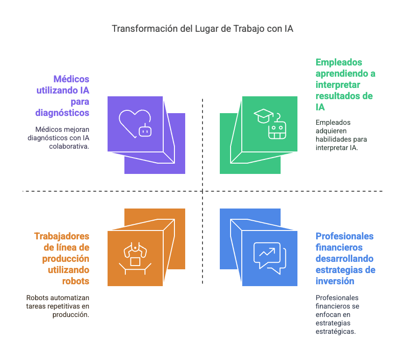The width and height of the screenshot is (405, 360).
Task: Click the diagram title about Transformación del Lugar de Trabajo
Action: [202, 29]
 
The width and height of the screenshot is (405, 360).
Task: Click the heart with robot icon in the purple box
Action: [136, 124]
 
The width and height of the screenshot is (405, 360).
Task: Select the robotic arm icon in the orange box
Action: [135, 258]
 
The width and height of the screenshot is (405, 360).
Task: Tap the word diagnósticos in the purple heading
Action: [62, 113]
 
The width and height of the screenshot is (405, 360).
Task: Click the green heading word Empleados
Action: [339, 62]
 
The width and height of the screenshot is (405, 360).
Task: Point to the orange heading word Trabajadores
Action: [62, 236]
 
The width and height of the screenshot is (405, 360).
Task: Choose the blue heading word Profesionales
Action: [345, 236]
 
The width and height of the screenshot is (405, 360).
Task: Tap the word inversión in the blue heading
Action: [334, 281]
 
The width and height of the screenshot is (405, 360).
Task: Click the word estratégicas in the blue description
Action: [335, 331]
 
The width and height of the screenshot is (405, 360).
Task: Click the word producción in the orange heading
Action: [66, 259]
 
